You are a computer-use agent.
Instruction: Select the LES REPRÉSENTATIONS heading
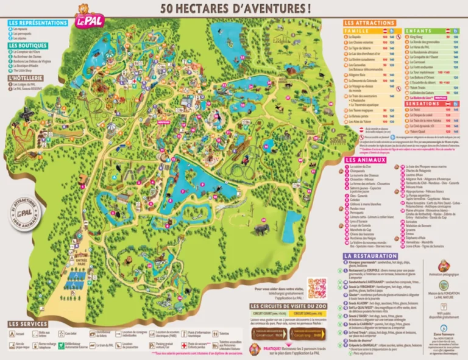tap(38, 23)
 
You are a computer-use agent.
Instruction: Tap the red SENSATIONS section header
tap(421, 104)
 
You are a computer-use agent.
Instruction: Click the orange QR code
tap(317, 287)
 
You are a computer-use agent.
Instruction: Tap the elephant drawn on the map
tap(260, 229)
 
